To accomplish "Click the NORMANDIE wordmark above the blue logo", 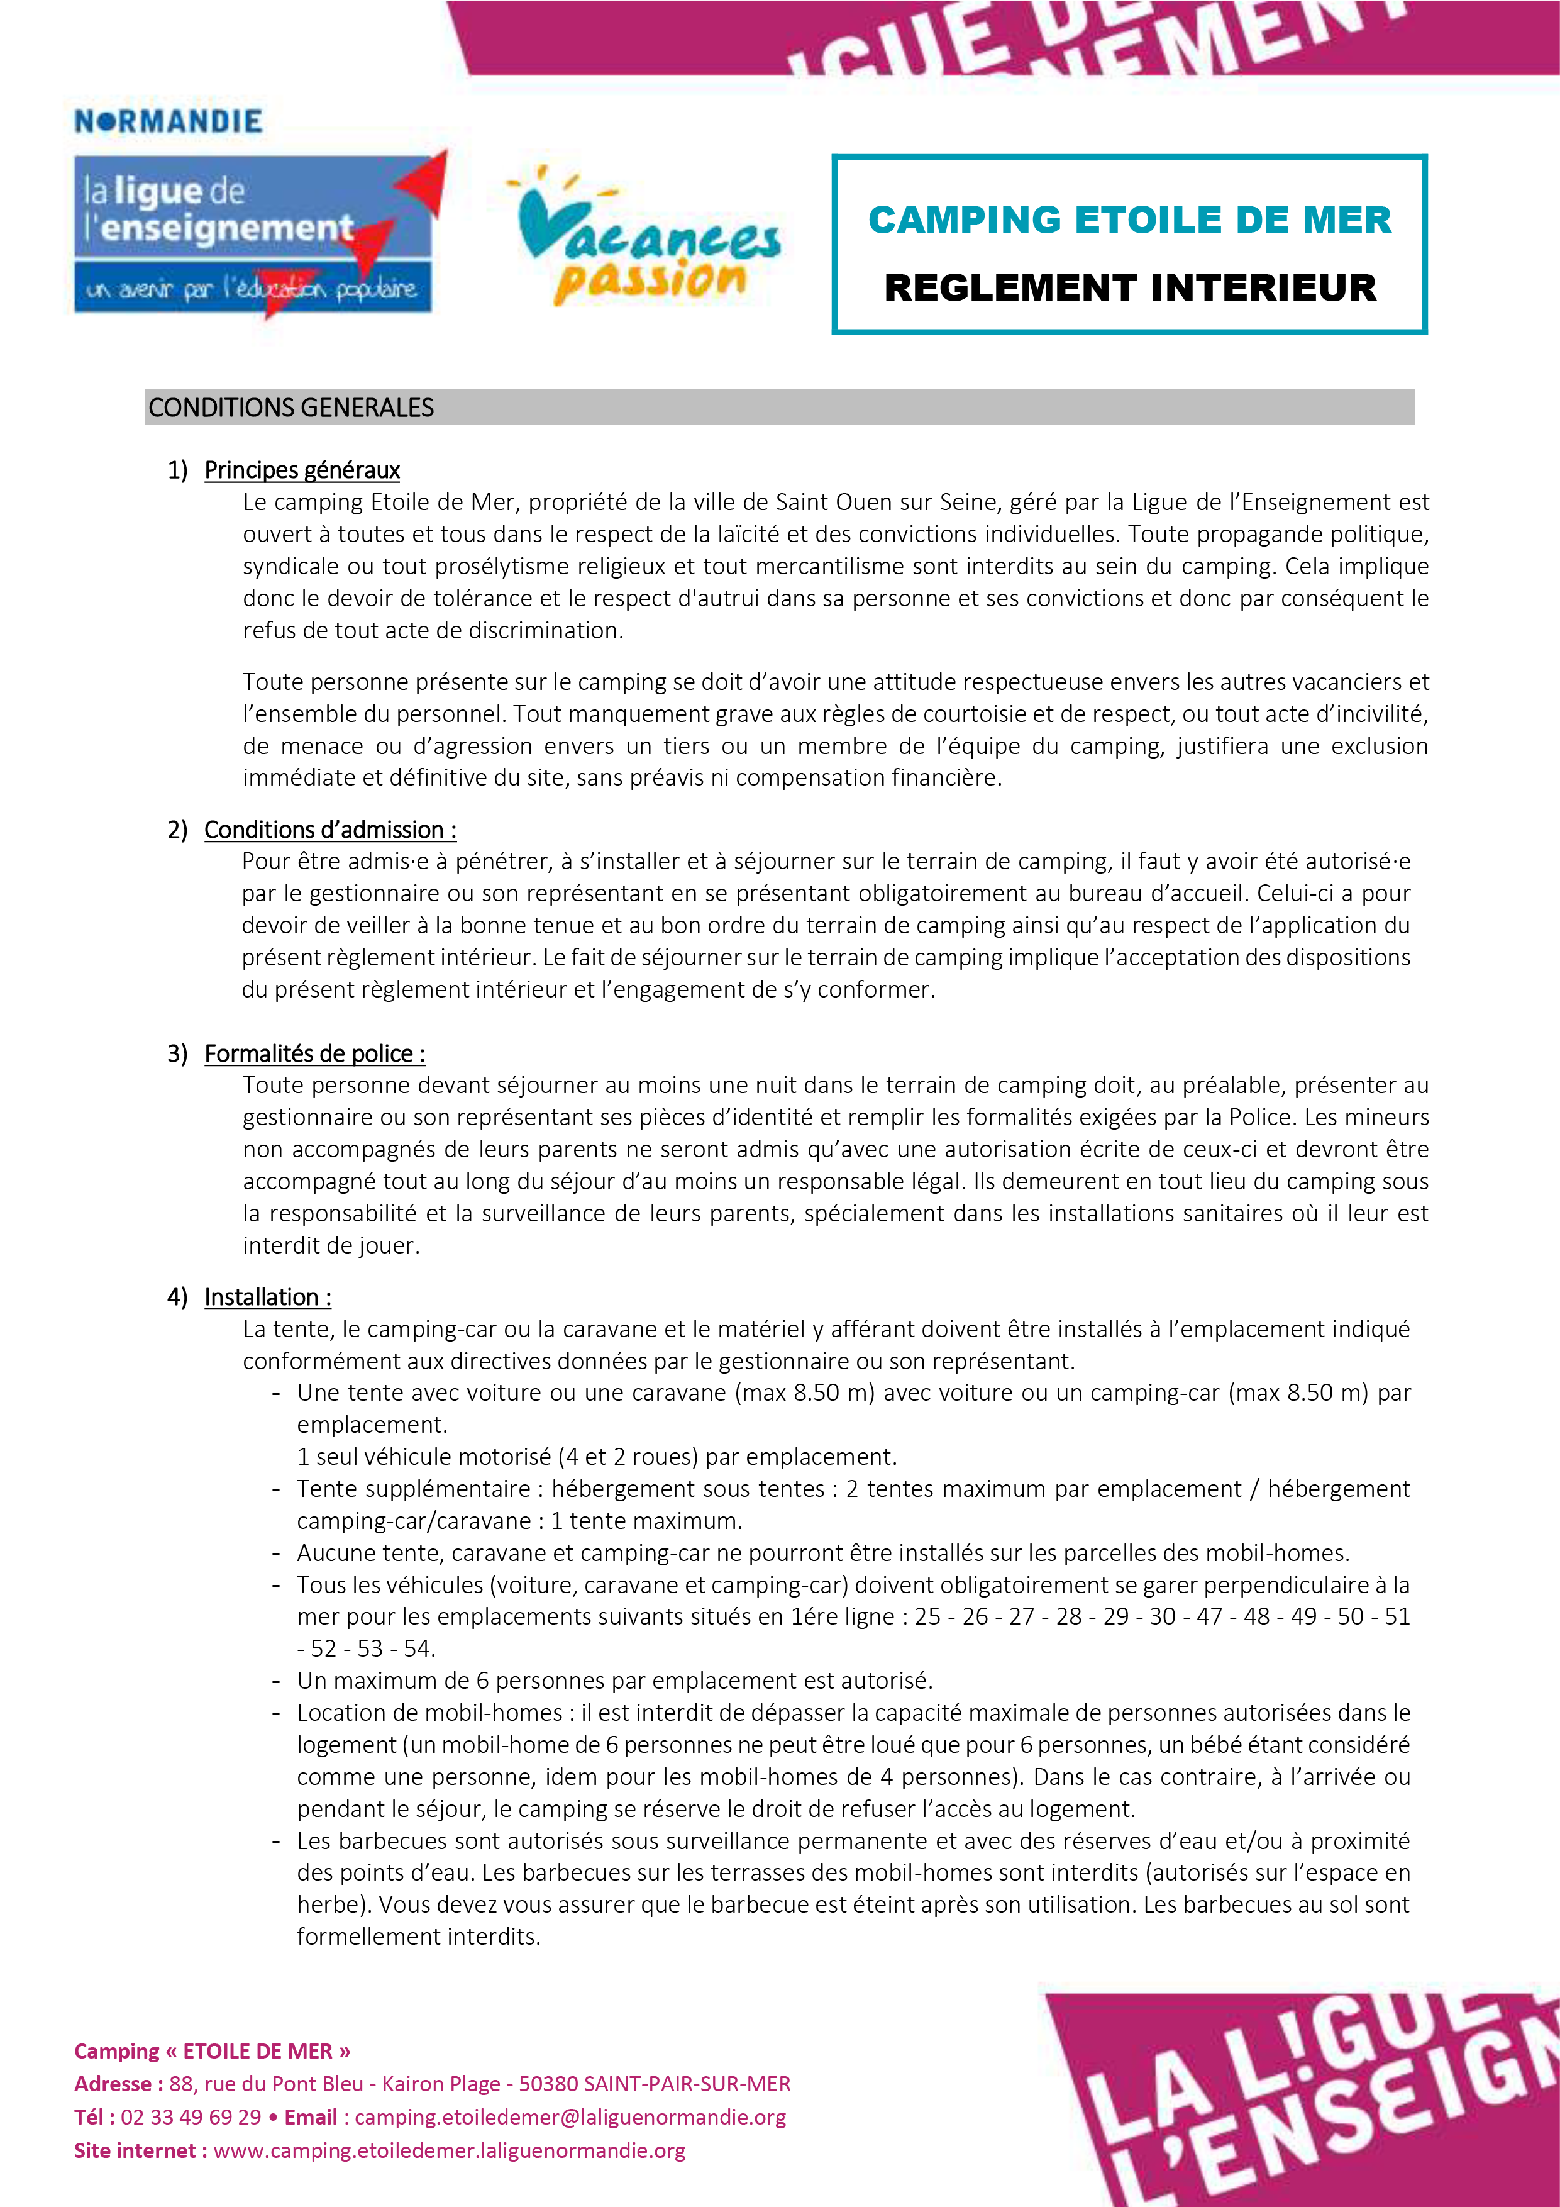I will [169, 122].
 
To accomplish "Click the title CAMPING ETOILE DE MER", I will [1129, 220].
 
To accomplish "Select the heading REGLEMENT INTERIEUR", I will [1129, 287].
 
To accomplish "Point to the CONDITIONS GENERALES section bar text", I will [291, 408].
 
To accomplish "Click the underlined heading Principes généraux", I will [302, 470].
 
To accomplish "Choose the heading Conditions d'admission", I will [329, 830].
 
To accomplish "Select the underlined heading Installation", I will [267, 1297].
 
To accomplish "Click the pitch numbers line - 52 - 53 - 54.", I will [366, 1648].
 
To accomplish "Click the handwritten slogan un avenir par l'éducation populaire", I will [252, 288].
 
